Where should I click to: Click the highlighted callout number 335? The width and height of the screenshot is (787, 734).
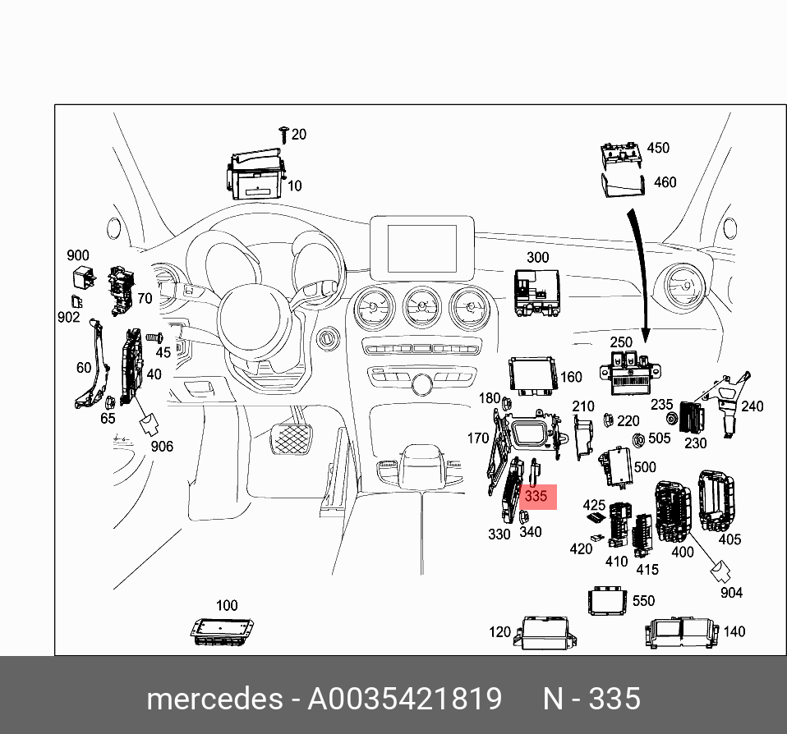[536, 497]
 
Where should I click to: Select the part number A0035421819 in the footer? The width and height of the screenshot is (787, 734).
[404, 699]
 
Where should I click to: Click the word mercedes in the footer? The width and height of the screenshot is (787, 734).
[214, 699]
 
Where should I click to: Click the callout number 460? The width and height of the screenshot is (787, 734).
[665, 181]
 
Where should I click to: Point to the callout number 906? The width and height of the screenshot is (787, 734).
[162, 446]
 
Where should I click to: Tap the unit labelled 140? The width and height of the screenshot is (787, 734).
[683, 633]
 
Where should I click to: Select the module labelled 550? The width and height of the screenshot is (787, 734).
[609, 600]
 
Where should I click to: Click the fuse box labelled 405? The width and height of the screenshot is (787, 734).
[719, 500]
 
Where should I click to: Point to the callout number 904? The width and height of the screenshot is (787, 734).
[731, 592]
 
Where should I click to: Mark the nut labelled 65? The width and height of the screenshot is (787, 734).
[109, 401]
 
